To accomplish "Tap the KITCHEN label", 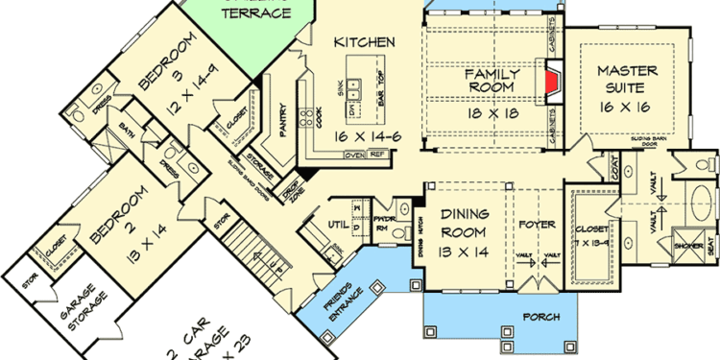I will [365, 42].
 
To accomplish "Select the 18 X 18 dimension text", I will [492, 113].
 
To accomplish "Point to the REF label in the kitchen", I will [377, 154].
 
